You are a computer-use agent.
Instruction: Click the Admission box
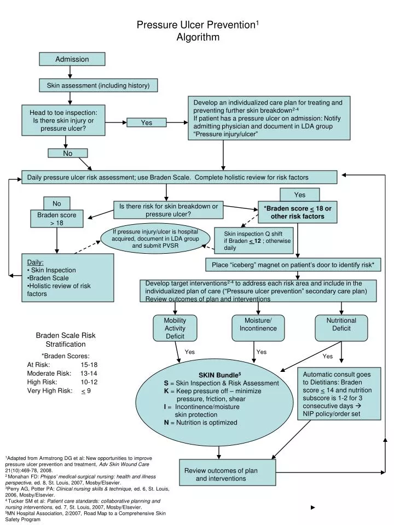[72, 59]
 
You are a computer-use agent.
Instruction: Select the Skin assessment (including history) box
[98, 85]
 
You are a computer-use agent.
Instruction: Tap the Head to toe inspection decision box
[67, 120]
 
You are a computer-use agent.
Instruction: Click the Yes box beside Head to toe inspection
[147, 122]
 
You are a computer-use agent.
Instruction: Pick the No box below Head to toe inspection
[68, 154]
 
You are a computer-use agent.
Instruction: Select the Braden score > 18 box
[56, 219]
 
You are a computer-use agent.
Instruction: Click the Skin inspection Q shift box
[254, 240]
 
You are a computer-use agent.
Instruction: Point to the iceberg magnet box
[293, 265]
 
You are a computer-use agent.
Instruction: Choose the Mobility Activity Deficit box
[175, 328]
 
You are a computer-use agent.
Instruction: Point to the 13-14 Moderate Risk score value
[89, 373]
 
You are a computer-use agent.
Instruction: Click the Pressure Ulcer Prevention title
[197, 25]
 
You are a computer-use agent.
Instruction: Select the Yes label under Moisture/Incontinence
[262, 352]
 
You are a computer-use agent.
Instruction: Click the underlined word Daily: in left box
[36, 262]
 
